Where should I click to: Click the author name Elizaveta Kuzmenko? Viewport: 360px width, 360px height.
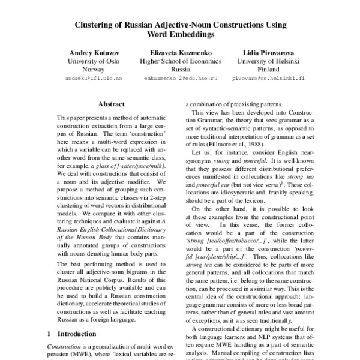click(x=181, y=53)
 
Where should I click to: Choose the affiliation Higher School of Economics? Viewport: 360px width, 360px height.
click(x=181, y=61)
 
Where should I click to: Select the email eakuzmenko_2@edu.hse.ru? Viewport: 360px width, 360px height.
click(x=181, y=79)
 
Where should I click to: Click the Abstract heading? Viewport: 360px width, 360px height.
click(x=111, y=104)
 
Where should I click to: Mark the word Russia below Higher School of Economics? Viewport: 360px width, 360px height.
click(x=181, y=70)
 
